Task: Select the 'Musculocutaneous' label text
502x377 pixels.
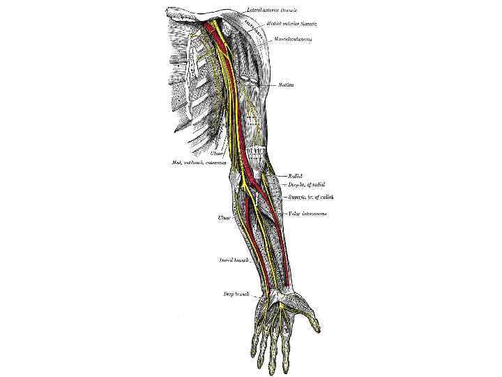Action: pos(293,39)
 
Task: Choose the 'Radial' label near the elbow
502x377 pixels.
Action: pos(294,176)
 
